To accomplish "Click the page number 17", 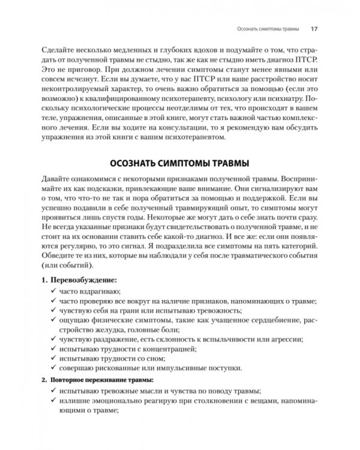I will tap(314, 28).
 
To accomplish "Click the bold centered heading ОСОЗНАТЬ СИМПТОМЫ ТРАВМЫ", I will tap(180, 164).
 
